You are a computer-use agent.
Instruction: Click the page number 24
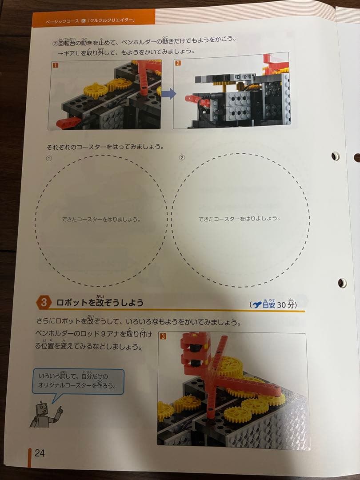(x=39, y=453)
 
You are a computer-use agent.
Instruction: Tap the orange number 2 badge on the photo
(x=178, y=63)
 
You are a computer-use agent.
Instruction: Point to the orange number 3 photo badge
(x=163, y=336)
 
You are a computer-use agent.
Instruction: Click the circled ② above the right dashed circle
(x=181, y=158)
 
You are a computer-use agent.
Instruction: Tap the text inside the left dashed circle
(x=101, y=219)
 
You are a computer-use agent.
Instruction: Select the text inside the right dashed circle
(x=239, y=218)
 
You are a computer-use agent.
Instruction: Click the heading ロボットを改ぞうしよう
(x=100, y=303)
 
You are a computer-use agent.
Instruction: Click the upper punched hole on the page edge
(x=335, y=156)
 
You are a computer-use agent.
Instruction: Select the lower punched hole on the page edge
(x=342, y=283)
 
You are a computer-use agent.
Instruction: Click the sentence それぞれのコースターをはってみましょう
(x=104, y=146)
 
